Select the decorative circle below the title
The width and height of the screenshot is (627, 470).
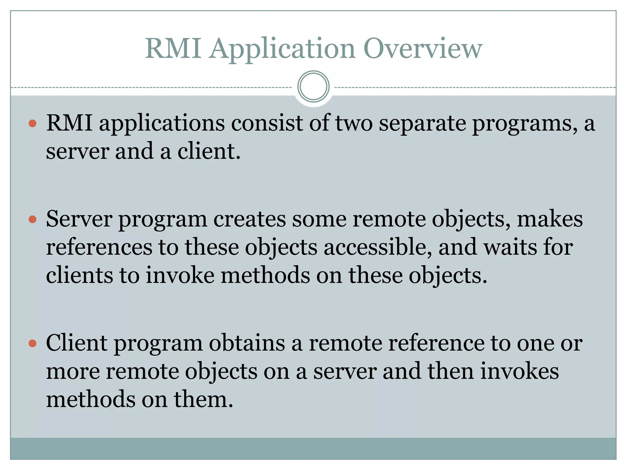(x=313, y=87)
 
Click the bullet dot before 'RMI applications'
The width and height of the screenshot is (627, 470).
(x=32, y=124)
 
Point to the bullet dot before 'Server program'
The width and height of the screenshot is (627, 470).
(x=32, y=219)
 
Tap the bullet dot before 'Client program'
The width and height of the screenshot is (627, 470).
(x=32, y=343)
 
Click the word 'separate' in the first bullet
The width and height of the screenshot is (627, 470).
(x=422, y=124)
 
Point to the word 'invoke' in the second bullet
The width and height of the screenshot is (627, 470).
(x=180, y=275)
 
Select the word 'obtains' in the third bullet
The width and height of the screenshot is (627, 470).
(x=247, y=343)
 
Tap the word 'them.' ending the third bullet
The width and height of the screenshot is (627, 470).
(x=204, y=399)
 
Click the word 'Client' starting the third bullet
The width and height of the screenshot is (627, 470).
(x=77, y=343)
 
